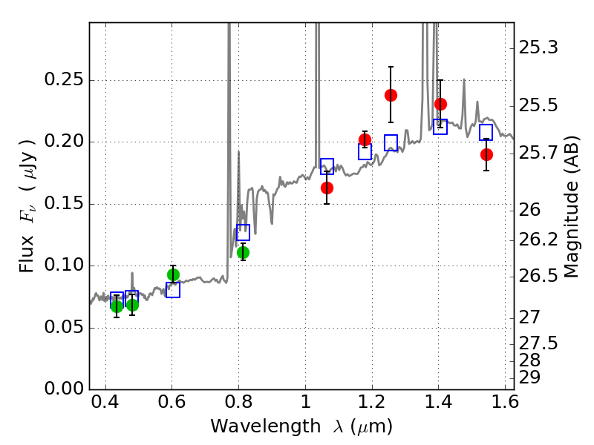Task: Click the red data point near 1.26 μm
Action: (x=391, y=95)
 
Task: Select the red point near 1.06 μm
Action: (x=327, y=188)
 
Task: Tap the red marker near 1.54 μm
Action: (x=486, y=154)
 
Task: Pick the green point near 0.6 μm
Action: (x=173, y=274)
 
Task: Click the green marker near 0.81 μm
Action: (x=243, y=252)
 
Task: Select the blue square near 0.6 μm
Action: (x=173, y=290)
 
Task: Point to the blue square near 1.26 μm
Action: (x=391, y=142)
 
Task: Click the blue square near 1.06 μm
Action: (x=327, y=166)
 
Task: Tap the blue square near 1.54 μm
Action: (x=486, y=132)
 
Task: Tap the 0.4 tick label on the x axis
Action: (x=105, y=405)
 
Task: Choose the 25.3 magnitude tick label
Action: (x=538, y=48)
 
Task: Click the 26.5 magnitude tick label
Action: (x=538, y=276)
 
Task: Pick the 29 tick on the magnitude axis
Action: (x=529, y=378)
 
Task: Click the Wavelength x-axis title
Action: (x=301, y=427)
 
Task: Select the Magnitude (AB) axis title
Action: (x=572, y=206)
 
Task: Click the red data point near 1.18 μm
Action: (x=365, y=139)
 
